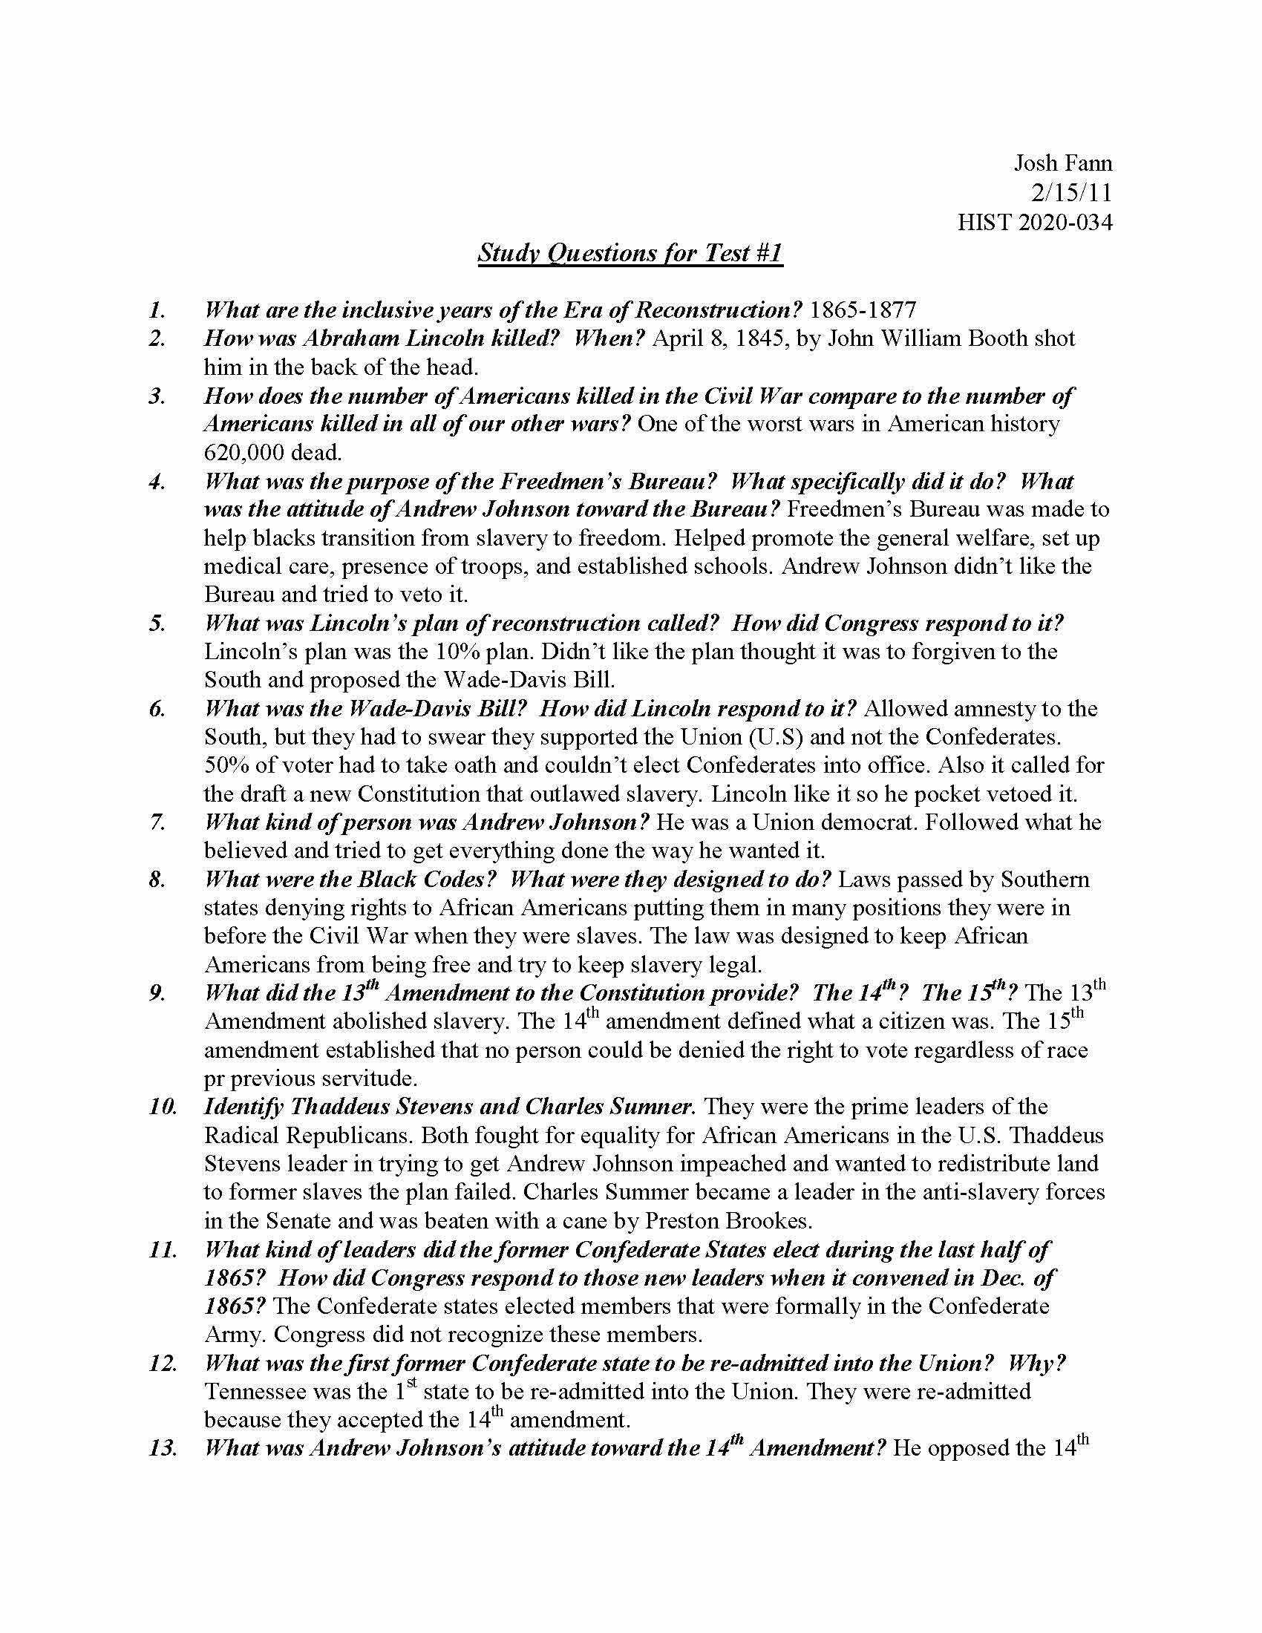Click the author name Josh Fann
pyautogui.click(x=1062, y=163)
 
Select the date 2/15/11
pyautogui.click(x=1070, y=193)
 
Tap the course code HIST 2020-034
pyautogui.click(x=1035, y=223)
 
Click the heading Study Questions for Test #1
pyautogui.click(x=630, y=253)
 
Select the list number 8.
pyautogui.click(x=157, y=880)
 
